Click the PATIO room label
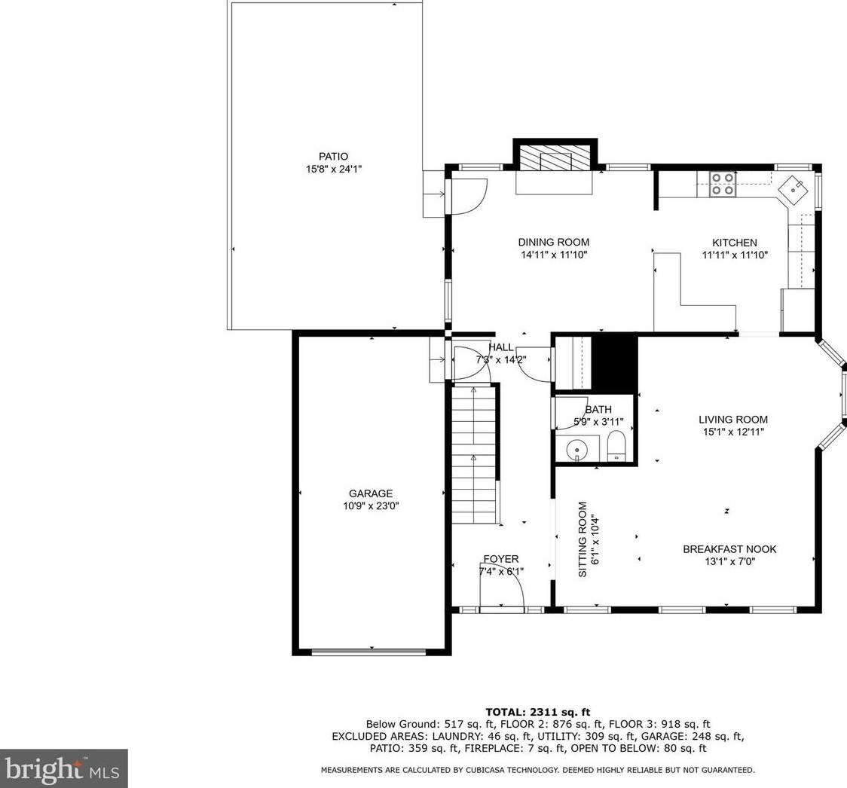coord(333,157)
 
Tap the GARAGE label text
coord(371,493)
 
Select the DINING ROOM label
coord(554,243)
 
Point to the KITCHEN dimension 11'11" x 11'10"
coord(735,255)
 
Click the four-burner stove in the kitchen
coord(723,184)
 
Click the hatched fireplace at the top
coord(554,161)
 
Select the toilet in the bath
coord(616,446)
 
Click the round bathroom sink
coord(577,449)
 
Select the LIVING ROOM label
coord(733,420)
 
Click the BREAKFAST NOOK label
coord(729,549)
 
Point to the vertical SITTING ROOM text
coord(583,539)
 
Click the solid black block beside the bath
coord(615,363)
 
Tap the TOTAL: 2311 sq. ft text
coord(538,713)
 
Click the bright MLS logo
coord(64,768)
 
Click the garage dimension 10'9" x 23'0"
coord(371,506)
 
